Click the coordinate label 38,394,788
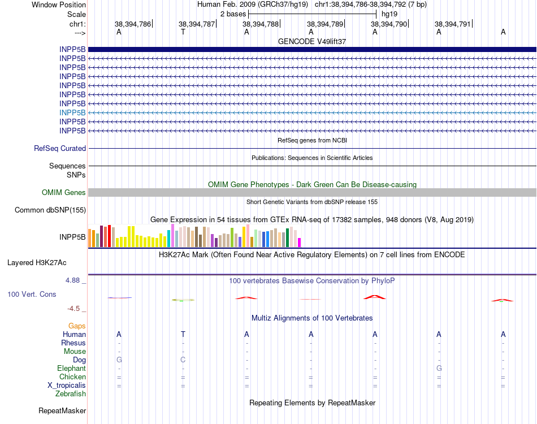pos(261,24)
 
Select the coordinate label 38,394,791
pos(452,24)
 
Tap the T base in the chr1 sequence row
pos(183,32)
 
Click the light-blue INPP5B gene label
pos(72,113)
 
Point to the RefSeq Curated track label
pos(60,148)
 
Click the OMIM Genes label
pos(64,193)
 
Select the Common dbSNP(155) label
pos(50,210)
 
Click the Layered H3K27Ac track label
pos(37,262)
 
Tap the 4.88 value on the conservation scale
pos(75,280)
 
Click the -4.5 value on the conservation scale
pos(75,309)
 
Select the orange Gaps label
pos(77,326)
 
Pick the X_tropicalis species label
pos(67,385)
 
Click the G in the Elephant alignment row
pos(439,368)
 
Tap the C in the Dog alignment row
pos(183,360)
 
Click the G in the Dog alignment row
pos(119,360)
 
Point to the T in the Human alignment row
pos(183,334)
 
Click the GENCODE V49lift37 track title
pos(312,41)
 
